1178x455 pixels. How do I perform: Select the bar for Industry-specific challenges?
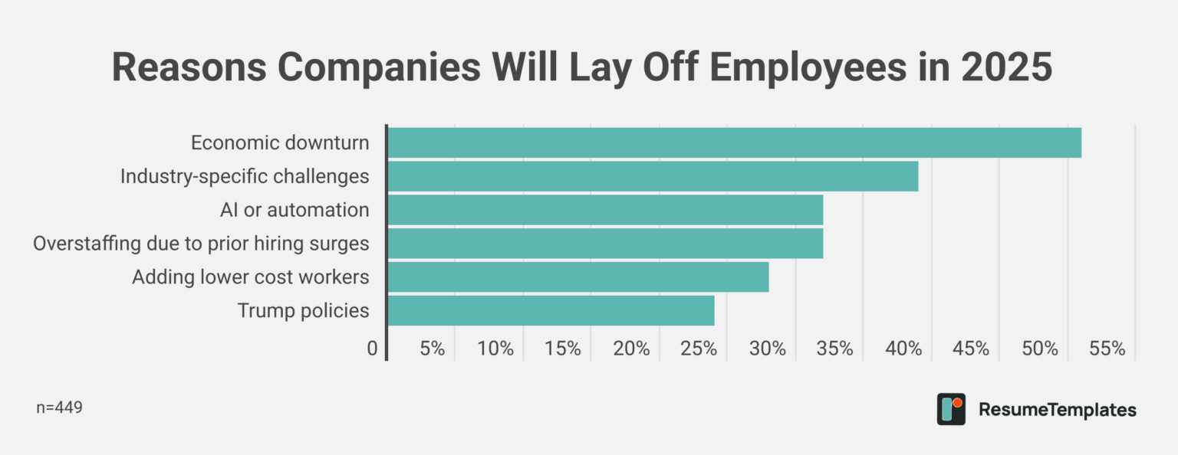(x=653, y=176)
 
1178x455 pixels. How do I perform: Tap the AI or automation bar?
(x=605, y=210)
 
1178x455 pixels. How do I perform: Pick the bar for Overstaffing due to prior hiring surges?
(x=605, y=244)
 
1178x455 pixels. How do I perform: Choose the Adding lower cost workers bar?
(x=577, y=277)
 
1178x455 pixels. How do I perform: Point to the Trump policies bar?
(x=551, y=311)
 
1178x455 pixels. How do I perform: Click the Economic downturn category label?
(x=280, y=143)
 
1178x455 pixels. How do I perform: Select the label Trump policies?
(x=303, y=311)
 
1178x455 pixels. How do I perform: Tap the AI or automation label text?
(x=294, y=210)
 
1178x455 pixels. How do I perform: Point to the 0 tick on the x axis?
(x=373, y=349)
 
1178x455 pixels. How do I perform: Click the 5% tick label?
(x=433, y=349)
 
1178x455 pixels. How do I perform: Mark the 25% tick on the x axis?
(x=699, y=349)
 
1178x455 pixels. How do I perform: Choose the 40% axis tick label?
(x=903, y=349)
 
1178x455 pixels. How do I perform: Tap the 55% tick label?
(x=1107, y=349)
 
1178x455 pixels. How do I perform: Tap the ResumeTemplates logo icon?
(x=951, y=409)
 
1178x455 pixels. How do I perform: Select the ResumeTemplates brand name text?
(x=1058, y=410)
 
